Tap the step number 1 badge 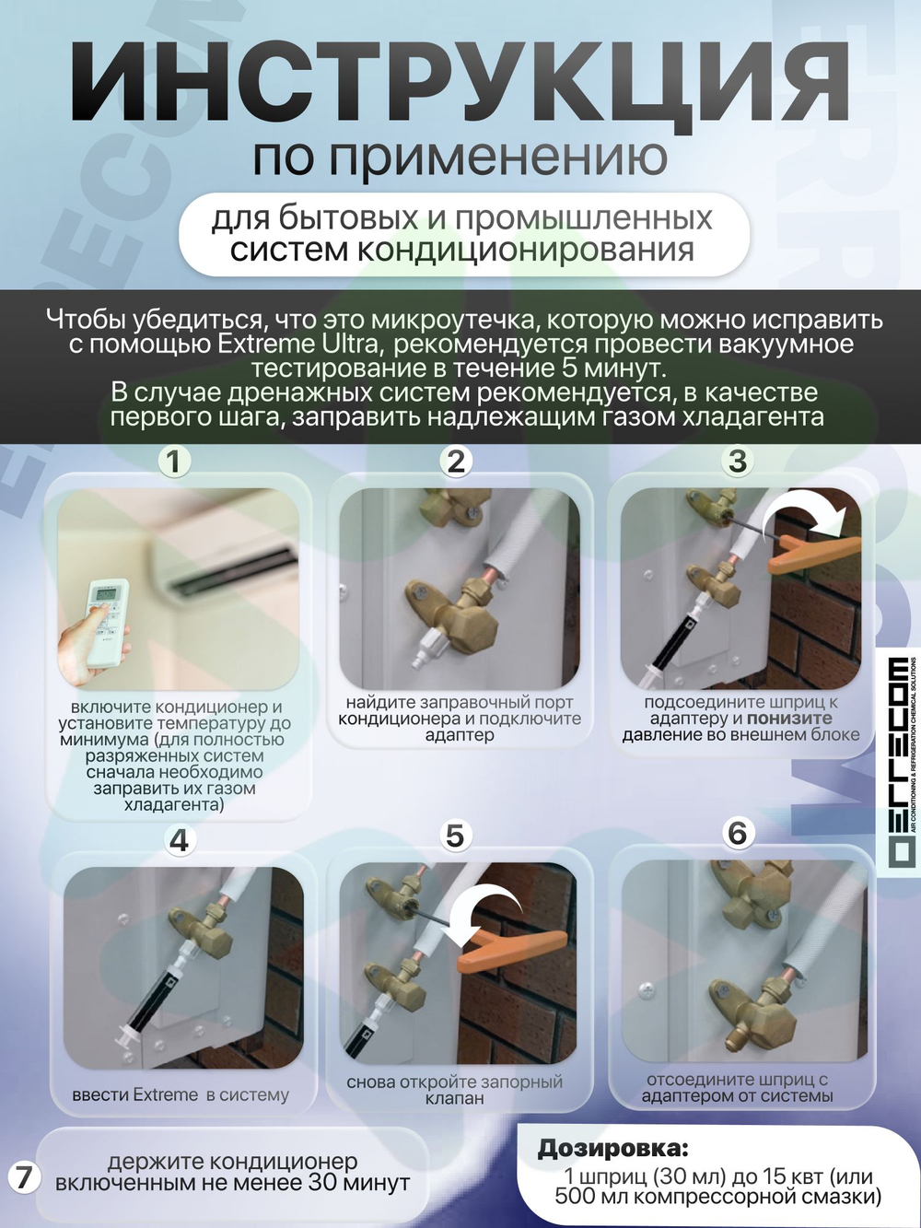[174, 461]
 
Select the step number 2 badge [456, 461]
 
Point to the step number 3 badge [738, 461]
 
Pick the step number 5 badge [455, 836]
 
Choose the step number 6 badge [737, 833]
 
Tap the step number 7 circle [24, 1176]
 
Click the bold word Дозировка [612, 1149]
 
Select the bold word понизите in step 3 [789, 719]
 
